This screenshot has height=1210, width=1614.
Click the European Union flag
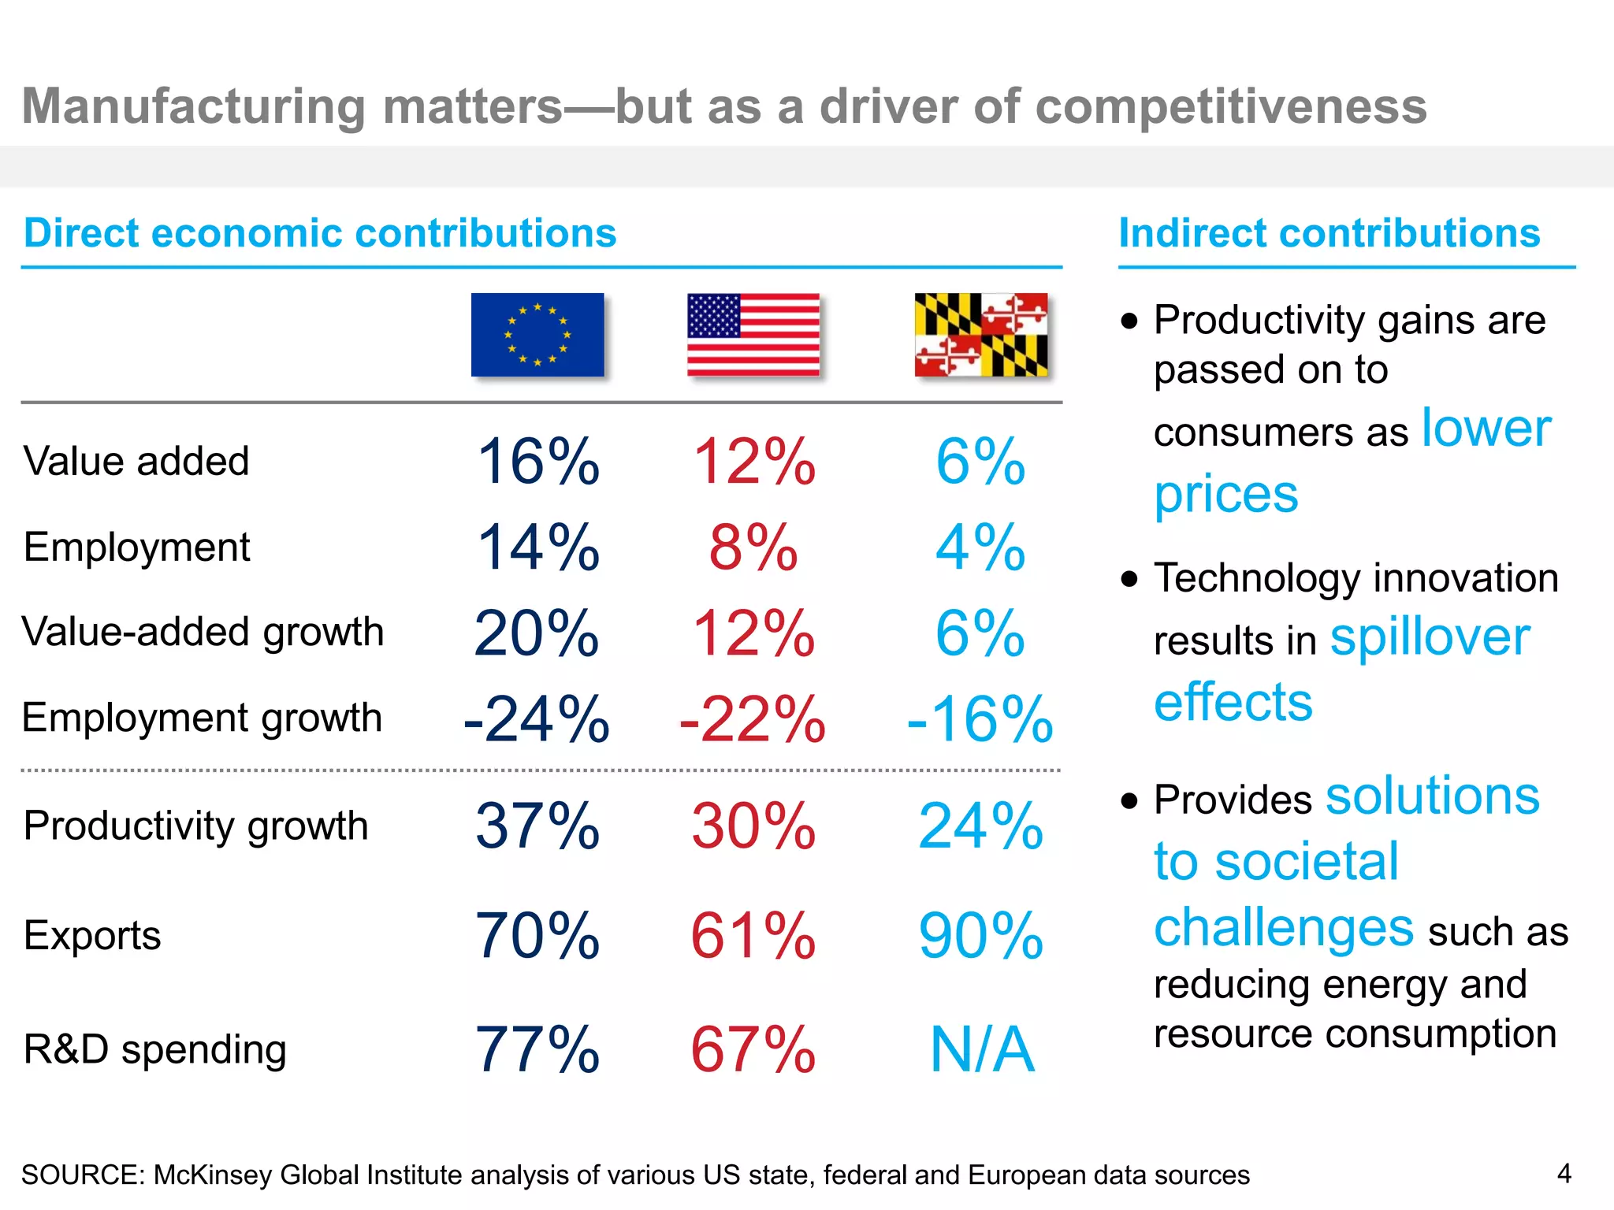click(537, 335)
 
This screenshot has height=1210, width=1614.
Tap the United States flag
click(753, 335)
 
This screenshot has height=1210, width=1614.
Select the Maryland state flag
click(981, 335)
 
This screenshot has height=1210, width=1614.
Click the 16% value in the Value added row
click(538, 462)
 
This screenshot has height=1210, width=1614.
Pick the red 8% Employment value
click(753, 547)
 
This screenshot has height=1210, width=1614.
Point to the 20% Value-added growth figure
click(537, 633)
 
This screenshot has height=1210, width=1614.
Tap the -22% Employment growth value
click(753, 719)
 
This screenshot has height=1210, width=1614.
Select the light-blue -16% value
click(980, 719)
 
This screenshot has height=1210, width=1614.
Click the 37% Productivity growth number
click(537, 826)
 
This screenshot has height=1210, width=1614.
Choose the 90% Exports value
click(981, 936)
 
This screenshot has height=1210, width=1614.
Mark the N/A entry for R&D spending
click(982, 1050)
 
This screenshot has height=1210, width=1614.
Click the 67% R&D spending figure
click(753, 1050)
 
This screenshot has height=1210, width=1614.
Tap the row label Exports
click(92, 936)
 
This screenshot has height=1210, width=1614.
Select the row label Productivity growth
click(195, 826)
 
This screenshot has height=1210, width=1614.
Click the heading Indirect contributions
click(1330, 233)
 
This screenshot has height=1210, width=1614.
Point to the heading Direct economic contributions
click(320, 233)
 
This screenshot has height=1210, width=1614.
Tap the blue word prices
click(1226, 495)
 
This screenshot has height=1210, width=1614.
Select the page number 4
click(1564, 1174)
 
